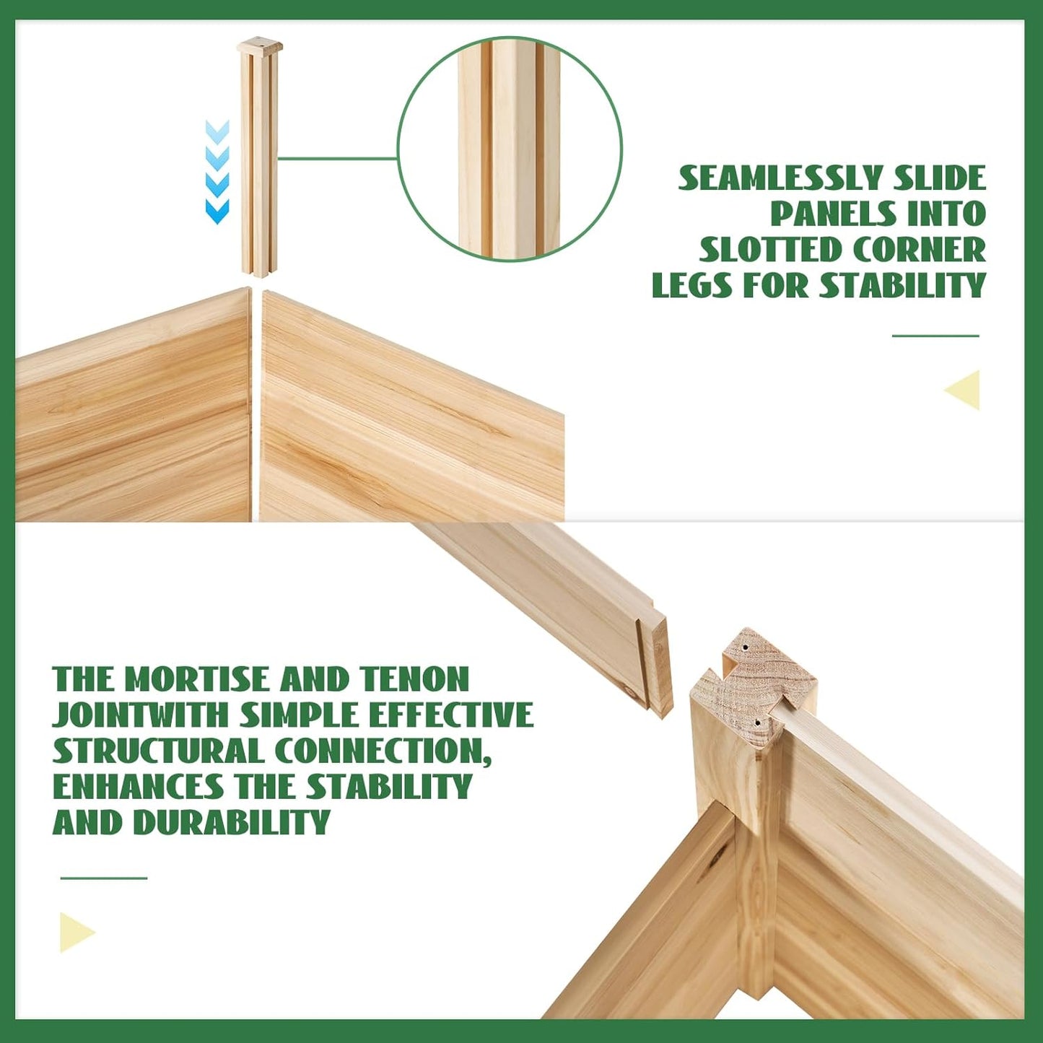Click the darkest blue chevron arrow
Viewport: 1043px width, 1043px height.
pyautogui.click(x=217, y=211)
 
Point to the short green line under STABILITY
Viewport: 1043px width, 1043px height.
pyautogui.click(x=935, y=336)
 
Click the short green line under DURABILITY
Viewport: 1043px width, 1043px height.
pyautogui.click(x=103, y=878)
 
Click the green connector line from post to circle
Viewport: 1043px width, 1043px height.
pyautogui.click(x=339, y=159)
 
